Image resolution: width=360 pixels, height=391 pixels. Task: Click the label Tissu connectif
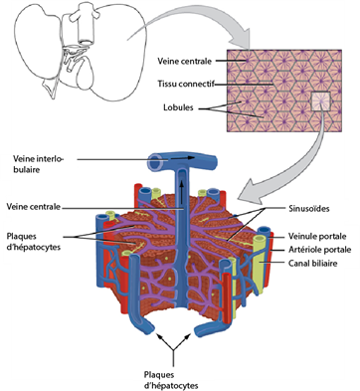(186, 84)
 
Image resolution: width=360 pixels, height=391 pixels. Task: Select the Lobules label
(178, 107)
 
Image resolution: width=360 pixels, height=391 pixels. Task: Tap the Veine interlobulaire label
(38, 164)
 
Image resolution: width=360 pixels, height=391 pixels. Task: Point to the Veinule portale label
(317, 236)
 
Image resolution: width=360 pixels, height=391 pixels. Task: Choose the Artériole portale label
(319, 250)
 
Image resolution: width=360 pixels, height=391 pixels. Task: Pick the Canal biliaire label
(312, 264)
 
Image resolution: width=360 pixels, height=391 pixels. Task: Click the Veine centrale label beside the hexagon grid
(184, 61)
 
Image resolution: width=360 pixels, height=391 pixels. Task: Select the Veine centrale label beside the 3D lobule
(34, 207)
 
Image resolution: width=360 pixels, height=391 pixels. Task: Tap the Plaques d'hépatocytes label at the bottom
(171, 380)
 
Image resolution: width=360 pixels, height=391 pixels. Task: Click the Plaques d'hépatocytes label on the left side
(34, 242)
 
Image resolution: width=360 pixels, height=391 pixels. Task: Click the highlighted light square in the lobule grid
(320, 101)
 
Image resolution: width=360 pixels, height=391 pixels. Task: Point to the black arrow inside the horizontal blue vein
(182, 158)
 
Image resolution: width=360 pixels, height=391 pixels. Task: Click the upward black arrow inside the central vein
(182, 192)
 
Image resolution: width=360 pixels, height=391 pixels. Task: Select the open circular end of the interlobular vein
(156, 164)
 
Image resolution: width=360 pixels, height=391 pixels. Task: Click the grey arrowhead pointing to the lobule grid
(242, 39)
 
